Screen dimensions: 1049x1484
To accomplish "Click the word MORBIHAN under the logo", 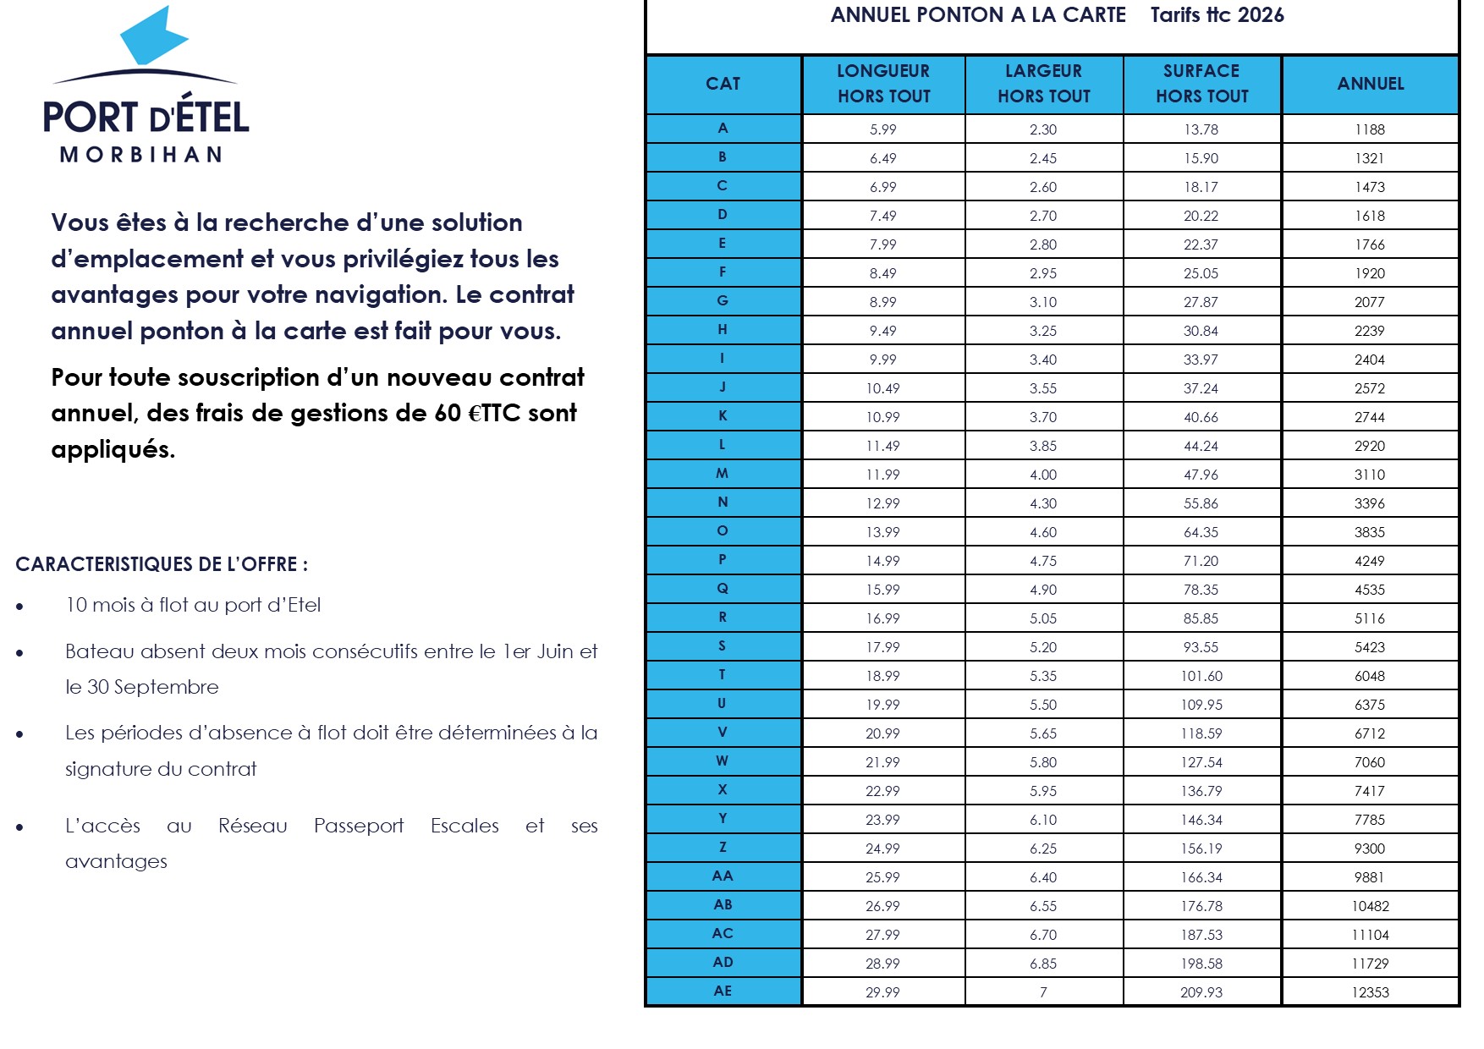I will pos(141,155).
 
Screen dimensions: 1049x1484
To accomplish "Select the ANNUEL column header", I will pos(1370,84).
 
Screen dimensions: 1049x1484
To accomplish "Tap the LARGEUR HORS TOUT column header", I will pos(1043,84).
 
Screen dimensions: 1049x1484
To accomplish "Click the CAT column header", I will pos(723,84).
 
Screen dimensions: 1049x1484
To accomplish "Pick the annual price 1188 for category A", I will pos(1369,129).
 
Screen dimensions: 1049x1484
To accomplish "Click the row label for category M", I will pos(723,474).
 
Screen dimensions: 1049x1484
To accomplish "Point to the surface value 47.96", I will pos(1201,475).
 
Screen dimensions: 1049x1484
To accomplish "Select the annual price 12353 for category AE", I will pos(1370,992).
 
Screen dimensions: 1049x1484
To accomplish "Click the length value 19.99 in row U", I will pos(882,705).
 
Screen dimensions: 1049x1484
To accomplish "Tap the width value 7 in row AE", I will pos(1043,992).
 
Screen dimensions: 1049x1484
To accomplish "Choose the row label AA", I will pos(723,876).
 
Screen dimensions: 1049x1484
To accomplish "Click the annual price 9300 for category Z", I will pos(1369,849).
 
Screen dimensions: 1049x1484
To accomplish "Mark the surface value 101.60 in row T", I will pos(1201,676).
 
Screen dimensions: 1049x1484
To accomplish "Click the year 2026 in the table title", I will pos(1261,15).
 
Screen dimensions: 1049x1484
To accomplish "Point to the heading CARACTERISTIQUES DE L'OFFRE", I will pos(161,564).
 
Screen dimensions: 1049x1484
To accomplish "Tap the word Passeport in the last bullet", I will pos(359,826).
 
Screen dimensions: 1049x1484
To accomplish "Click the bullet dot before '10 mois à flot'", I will pos(19,607).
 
